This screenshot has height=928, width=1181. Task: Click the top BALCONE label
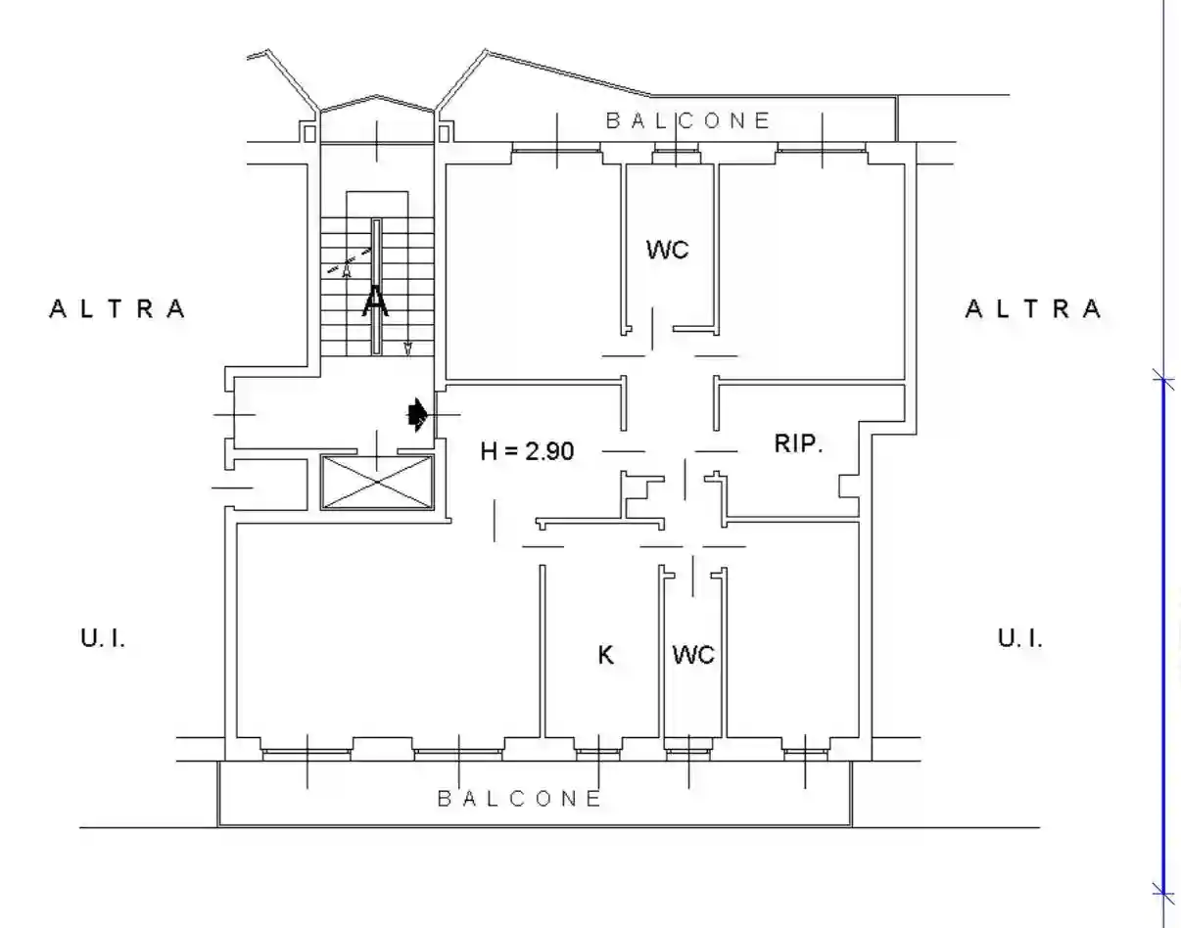tap(688, 120)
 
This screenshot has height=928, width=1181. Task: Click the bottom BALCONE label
tap(520, 798)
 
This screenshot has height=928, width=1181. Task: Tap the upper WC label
tap(668, 250)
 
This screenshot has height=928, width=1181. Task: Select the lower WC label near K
tap(693, 655)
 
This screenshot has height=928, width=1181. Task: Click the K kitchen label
tap(606, 655)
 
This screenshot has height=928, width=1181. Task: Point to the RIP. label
tap(798, 443)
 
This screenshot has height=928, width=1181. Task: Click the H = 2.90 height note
tap(527, 451)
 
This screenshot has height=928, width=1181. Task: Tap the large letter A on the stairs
tap(375, 301)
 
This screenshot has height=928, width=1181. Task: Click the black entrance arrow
tap(418, 415)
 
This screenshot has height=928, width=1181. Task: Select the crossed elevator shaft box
tap(377, 483)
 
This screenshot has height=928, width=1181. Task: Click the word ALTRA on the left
tap(117, 309)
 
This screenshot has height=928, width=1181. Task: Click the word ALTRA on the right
tap(1033, 309)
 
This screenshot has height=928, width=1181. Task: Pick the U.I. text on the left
tap(103, 638)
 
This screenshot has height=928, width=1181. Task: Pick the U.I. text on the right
tap(1020, 638)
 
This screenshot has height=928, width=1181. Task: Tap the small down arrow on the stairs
tap(408, 348)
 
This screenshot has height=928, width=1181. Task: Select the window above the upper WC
tap(676, 148)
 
